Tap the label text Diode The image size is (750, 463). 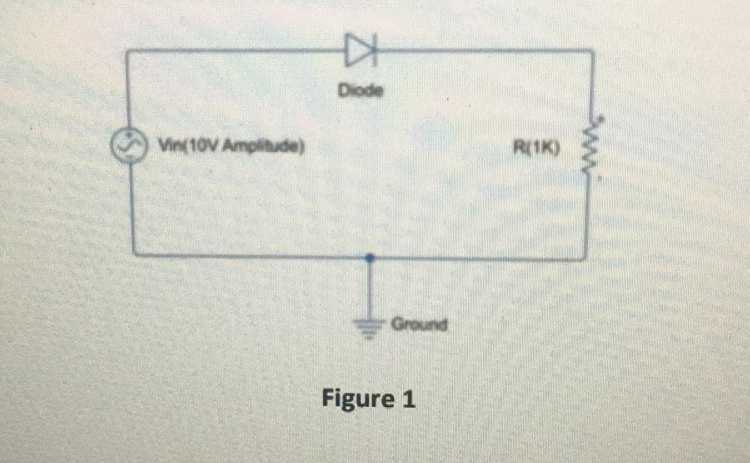tap(360, 90)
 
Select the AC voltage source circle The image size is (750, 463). tap(127, 146)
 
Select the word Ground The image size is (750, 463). tap(419, 324)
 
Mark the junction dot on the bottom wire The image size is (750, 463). tap(369, 257)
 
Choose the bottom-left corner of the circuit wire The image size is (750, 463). tap(134, 254)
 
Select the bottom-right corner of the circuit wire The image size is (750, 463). tap(585, 257)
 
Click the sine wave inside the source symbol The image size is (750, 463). tap(127, 146)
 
